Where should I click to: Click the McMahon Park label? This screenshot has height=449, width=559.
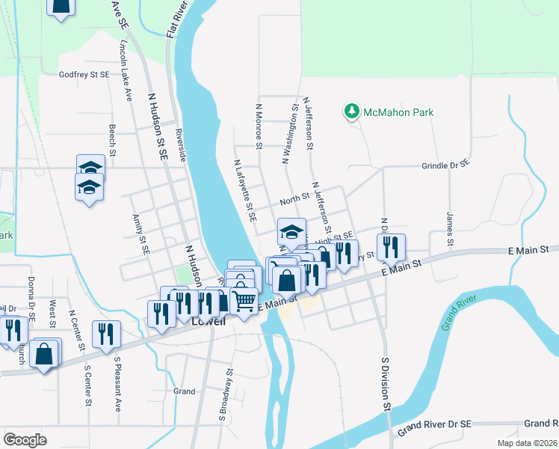[398, 113]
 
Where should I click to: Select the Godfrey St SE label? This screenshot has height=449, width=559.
[84, 75]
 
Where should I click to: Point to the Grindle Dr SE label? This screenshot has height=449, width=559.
[445, 165]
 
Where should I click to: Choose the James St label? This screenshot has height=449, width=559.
[450, 229]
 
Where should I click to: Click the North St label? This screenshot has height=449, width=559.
[294, 199]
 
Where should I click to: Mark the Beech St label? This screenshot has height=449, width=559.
[113, 140]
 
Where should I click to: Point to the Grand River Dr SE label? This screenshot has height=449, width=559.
[433, 427]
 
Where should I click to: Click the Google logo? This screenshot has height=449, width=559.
[25, 440]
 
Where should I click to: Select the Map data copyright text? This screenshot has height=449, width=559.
[528, 443]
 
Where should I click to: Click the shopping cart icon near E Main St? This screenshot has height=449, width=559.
[244, 299]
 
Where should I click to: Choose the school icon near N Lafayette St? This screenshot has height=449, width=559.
[292, 229]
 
